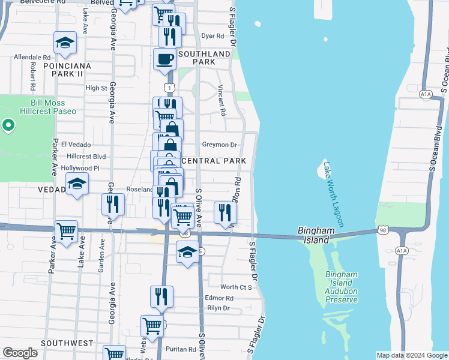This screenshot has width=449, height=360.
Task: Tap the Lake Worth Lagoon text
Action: point(334,194)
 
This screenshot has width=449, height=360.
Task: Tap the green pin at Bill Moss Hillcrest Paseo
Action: point(8,125)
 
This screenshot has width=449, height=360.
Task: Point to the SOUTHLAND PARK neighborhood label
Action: point(204,58)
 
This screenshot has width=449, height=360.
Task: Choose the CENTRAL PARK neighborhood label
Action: point(213,161)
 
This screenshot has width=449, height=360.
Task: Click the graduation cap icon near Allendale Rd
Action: point(65,43)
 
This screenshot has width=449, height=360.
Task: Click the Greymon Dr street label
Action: point(220,145)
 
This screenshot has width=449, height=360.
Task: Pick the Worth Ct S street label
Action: point(235,287)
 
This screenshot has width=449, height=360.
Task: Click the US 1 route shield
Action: point(170,88)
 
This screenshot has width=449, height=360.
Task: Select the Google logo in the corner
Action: point(20,353)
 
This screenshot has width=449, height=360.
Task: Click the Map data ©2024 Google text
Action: point(411,355)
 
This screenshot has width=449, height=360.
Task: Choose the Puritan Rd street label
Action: point(184,349)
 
